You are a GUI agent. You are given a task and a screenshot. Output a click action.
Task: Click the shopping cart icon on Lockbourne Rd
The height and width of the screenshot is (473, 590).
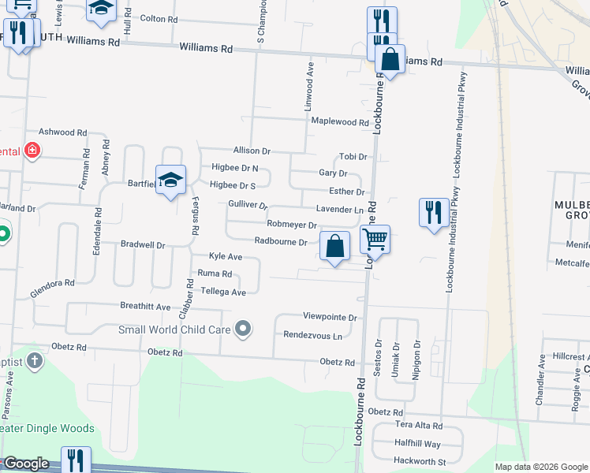click(375, 238)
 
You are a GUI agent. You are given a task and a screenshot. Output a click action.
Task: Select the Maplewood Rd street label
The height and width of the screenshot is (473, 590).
click(340, 122)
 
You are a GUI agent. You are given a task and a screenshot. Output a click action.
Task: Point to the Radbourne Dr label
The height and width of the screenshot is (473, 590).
click(280, 242)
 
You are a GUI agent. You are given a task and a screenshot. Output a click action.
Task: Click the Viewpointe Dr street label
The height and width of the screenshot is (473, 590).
click(330, 317)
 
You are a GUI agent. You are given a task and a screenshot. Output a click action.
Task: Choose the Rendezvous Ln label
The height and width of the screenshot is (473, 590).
click(313, 335)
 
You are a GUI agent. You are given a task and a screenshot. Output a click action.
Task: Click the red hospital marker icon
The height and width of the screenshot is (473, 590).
click(32, 150)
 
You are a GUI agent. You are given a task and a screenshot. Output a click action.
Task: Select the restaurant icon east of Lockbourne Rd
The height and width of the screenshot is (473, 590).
click(434, 213)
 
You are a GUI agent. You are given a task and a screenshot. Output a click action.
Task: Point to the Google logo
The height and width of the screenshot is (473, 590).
click(27, 464)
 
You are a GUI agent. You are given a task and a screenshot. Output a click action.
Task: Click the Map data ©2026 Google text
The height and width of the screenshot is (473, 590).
click(540, 467)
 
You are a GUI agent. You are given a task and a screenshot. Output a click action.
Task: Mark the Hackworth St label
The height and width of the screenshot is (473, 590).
click(420, 461)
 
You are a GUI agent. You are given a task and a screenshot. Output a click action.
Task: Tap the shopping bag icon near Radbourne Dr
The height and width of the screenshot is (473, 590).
click(335, 247)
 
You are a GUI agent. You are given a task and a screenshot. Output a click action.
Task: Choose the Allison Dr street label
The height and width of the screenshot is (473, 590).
click(252, 151)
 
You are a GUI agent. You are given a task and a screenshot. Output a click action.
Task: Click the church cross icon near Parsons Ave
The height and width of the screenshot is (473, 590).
click(34, 361)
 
